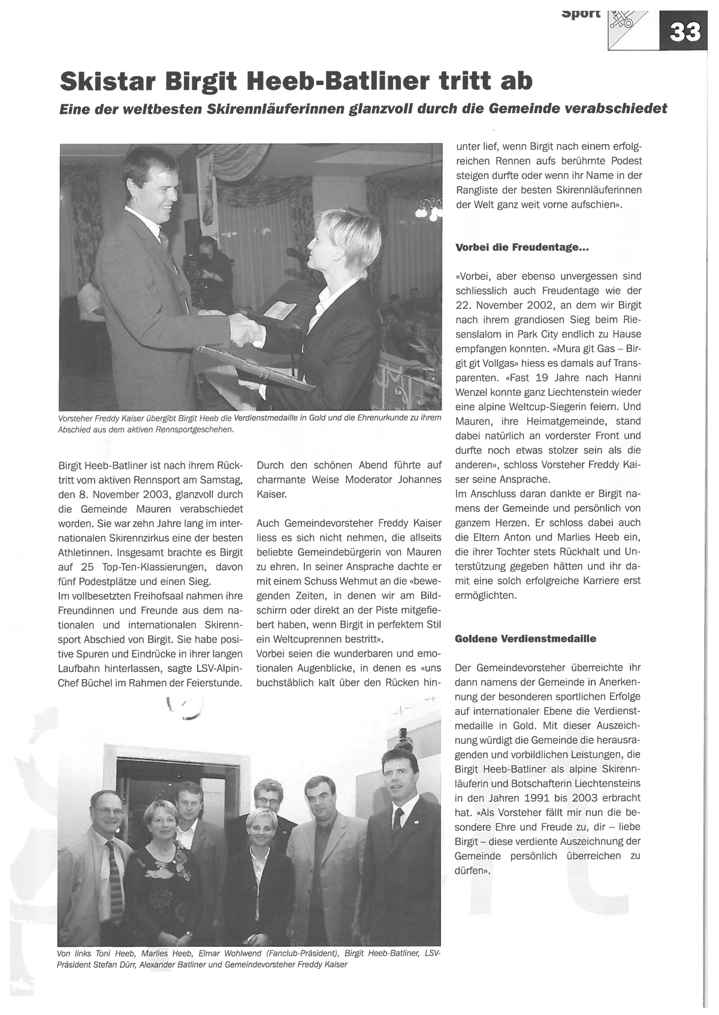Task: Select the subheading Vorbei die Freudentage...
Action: point(522,247)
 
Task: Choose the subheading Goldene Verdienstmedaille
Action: point(525,638)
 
